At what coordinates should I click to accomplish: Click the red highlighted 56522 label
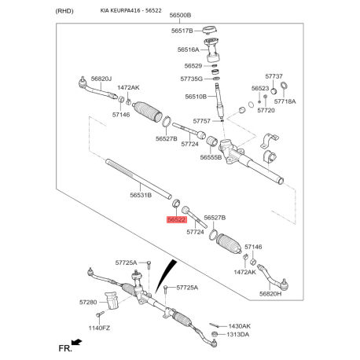pos(177,219)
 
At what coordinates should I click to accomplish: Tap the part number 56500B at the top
pos(180,15)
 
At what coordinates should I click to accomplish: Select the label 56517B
pos(182,31)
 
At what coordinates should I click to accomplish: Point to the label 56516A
pos(188,50)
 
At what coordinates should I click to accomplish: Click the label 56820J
pos(101,79)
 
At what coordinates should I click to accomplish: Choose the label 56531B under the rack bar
pos(141,195)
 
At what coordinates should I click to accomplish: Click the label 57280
pos(88,303)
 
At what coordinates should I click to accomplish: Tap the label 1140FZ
pos(99,328)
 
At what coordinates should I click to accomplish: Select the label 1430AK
pos(240,326)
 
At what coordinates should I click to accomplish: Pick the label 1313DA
pos(238,335)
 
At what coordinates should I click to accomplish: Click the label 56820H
pos(270,294)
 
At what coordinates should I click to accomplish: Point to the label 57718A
pos(285,101)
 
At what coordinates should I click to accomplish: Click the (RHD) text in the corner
pos(64,11)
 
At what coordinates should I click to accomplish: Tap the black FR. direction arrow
pos(77,342)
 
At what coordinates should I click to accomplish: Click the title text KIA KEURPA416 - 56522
pos(131,11)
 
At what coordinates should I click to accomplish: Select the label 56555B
pos(211,157)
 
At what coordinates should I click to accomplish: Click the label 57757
pos(202,121)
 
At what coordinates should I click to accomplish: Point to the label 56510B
pos(196,97)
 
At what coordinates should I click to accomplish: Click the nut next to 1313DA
pos(215,334)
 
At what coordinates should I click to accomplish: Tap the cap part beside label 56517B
pos(210,30)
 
